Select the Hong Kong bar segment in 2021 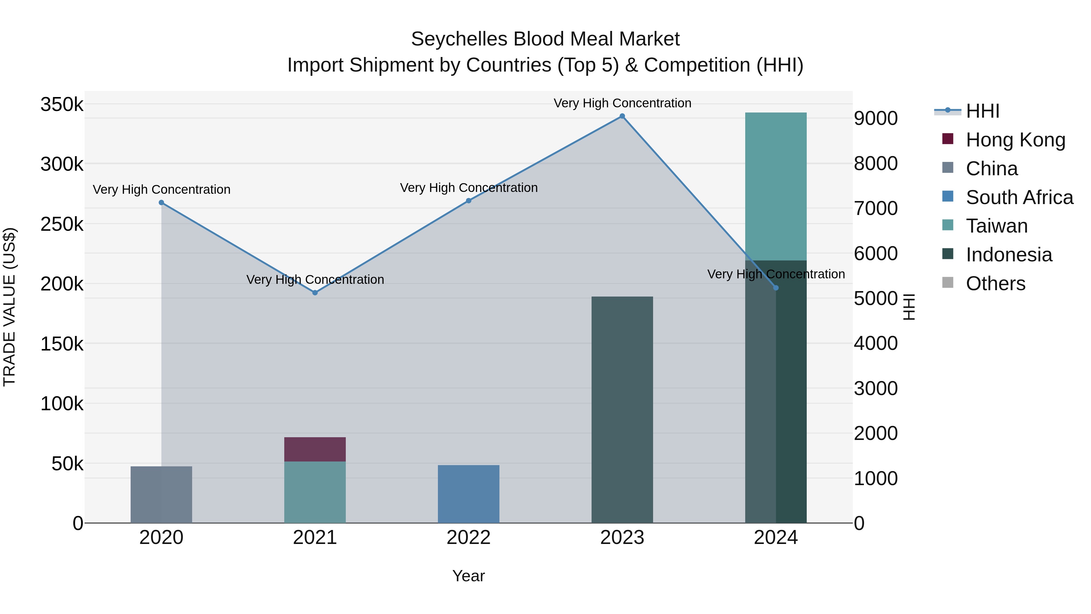coord(315,449)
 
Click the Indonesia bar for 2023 coord(622,409)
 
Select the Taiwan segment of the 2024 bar coord(776,186)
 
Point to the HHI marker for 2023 coord(622,116)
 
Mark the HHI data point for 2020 coord(161,203)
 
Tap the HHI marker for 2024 coord(776,288)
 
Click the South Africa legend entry coord(1019,197)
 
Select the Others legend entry coord(995,284)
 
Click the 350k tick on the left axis coord(62,104)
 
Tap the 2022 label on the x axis coord(469,538)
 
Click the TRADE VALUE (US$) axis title coord(9,307)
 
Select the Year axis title coord(469,576)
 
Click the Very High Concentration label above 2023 coord(622,103)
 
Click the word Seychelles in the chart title coord(459,39)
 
